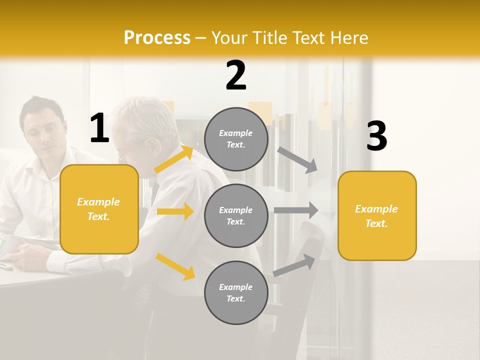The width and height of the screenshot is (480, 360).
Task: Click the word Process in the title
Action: pos(157,38)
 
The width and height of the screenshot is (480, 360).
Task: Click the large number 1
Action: pos(99,128)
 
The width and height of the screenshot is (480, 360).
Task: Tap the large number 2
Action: pos(236,75)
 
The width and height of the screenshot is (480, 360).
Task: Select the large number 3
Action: pos(376,136)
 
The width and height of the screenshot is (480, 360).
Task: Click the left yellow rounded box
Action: pos(99,209)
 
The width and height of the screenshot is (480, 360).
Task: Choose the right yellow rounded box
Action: pos(377,215)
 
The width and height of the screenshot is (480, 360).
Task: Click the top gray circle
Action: pos(236,139)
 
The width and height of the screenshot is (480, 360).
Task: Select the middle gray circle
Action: pos(236,215)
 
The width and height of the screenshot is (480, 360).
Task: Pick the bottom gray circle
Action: pos(236,292)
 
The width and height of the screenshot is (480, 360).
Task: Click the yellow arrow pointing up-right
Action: pos(174,159)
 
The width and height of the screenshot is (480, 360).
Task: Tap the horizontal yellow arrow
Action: pos(175,211)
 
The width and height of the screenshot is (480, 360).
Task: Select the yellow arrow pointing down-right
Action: pos(175,266)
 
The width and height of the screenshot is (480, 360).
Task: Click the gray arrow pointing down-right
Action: pos(297,159)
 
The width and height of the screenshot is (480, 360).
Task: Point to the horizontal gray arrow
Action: pos(296,210)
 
